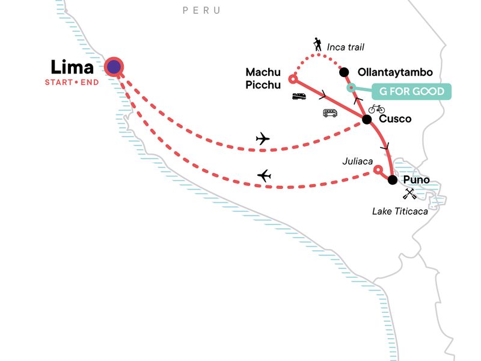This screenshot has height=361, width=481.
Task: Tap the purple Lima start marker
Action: pyautogui.click(x=113, y=67)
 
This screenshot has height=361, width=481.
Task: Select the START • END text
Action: pyautogui.click(x=71, y=82)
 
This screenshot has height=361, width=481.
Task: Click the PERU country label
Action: pyautogui.click(x=201, y=10)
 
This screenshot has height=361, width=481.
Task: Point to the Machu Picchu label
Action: pyautogui.click(x=263, y=79)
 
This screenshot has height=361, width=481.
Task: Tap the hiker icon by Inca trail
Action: pyautogui.click(x=317, y=44)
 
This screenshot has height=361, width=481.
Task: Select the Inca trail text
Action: pyautogui.click(x=346, y=47)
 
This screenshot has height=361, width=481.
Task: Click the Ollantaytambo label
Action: pyautogui.click(x=395, y=72)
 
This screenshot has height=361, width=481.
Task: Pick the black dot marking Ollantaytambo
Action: pyautogui.click(x=344, y=72)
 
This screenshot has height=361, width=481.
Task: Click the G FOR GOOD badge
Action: pyautogui.click(x=411, y=91)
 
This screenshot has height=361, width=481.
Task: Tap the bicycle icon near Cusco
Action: pyautogui.click(x=376, y=108)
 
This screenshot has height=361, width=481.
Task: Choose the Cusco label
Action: pyautogui.click(x=396, y=119)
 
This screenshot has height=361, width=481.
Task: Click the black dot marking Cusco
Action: pyautogui.click(x=366, y=120)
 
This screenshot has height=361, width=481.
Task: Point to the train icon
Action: pyautogui.click(x=300, y=96)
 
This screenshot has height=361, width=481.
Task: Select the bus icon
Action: pyautogui.click(x=330, y=113)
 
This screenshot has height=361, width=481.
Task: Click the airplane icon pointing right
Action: pyautogui.click(x=263, y=139)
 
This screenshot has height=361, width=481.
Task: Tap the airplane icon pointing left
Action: pyautogui.click(x=264, y=176)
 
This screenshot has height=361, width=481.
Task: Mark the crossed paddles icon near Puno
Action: pyautogui.click(x=410, y=193)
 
